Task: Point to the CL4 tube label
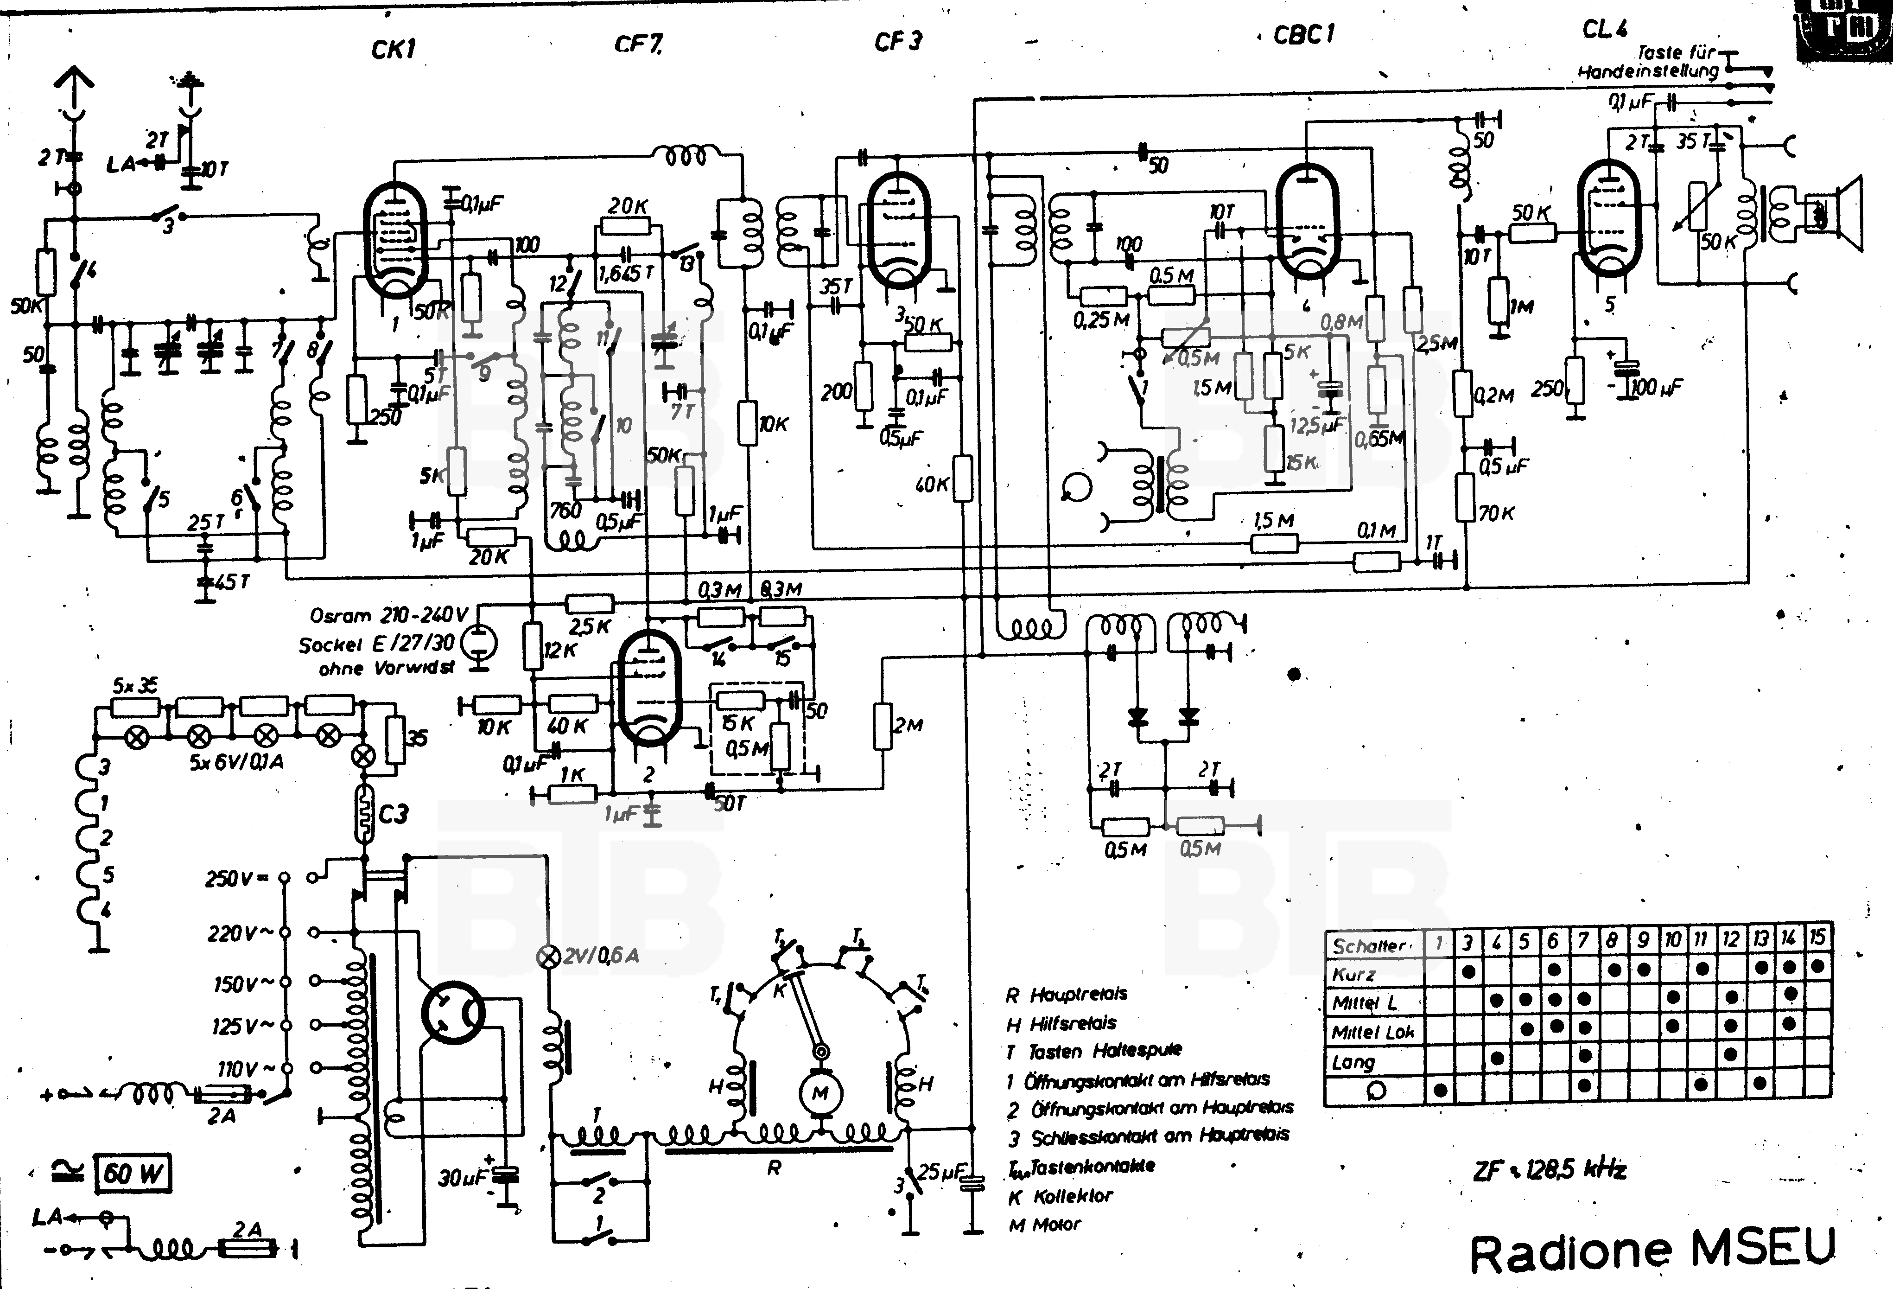coord(1605,29)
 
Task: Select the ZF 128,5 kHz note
coord(1549,1170)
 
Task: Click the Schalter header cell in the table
coord(1372,945)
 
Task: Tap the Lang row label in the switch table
coord(1354,1062)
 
